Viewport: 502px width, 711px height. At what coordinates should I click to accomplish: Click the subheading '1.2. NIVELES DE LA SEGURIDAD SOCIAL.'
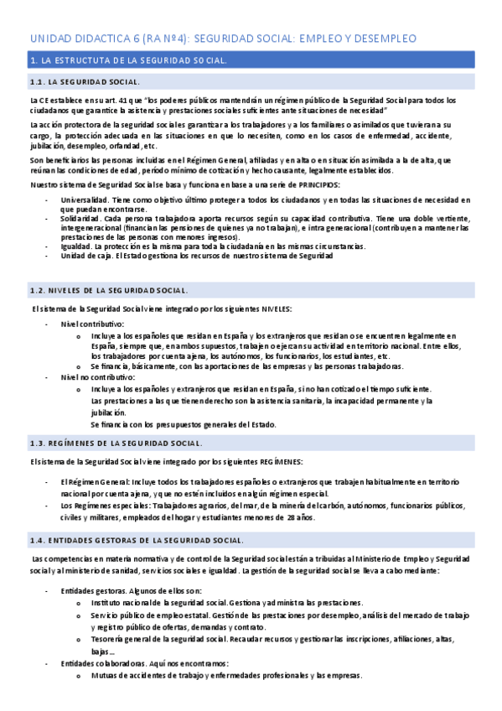(x=109, y=290)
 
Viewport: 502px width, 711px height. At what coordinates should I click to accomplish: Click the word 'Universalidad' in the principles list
(x=84, y=200)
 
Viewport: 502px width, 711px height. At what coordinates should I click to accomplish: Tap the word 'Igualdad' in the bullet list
(x=76, y=247)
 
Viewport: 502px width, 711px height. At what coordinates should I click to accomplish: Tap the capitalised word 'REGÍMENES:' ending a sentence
(x=280, y=462)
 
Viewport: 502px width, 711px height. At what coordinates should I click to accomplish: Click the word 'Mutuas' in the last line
(x=105, y=675)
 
